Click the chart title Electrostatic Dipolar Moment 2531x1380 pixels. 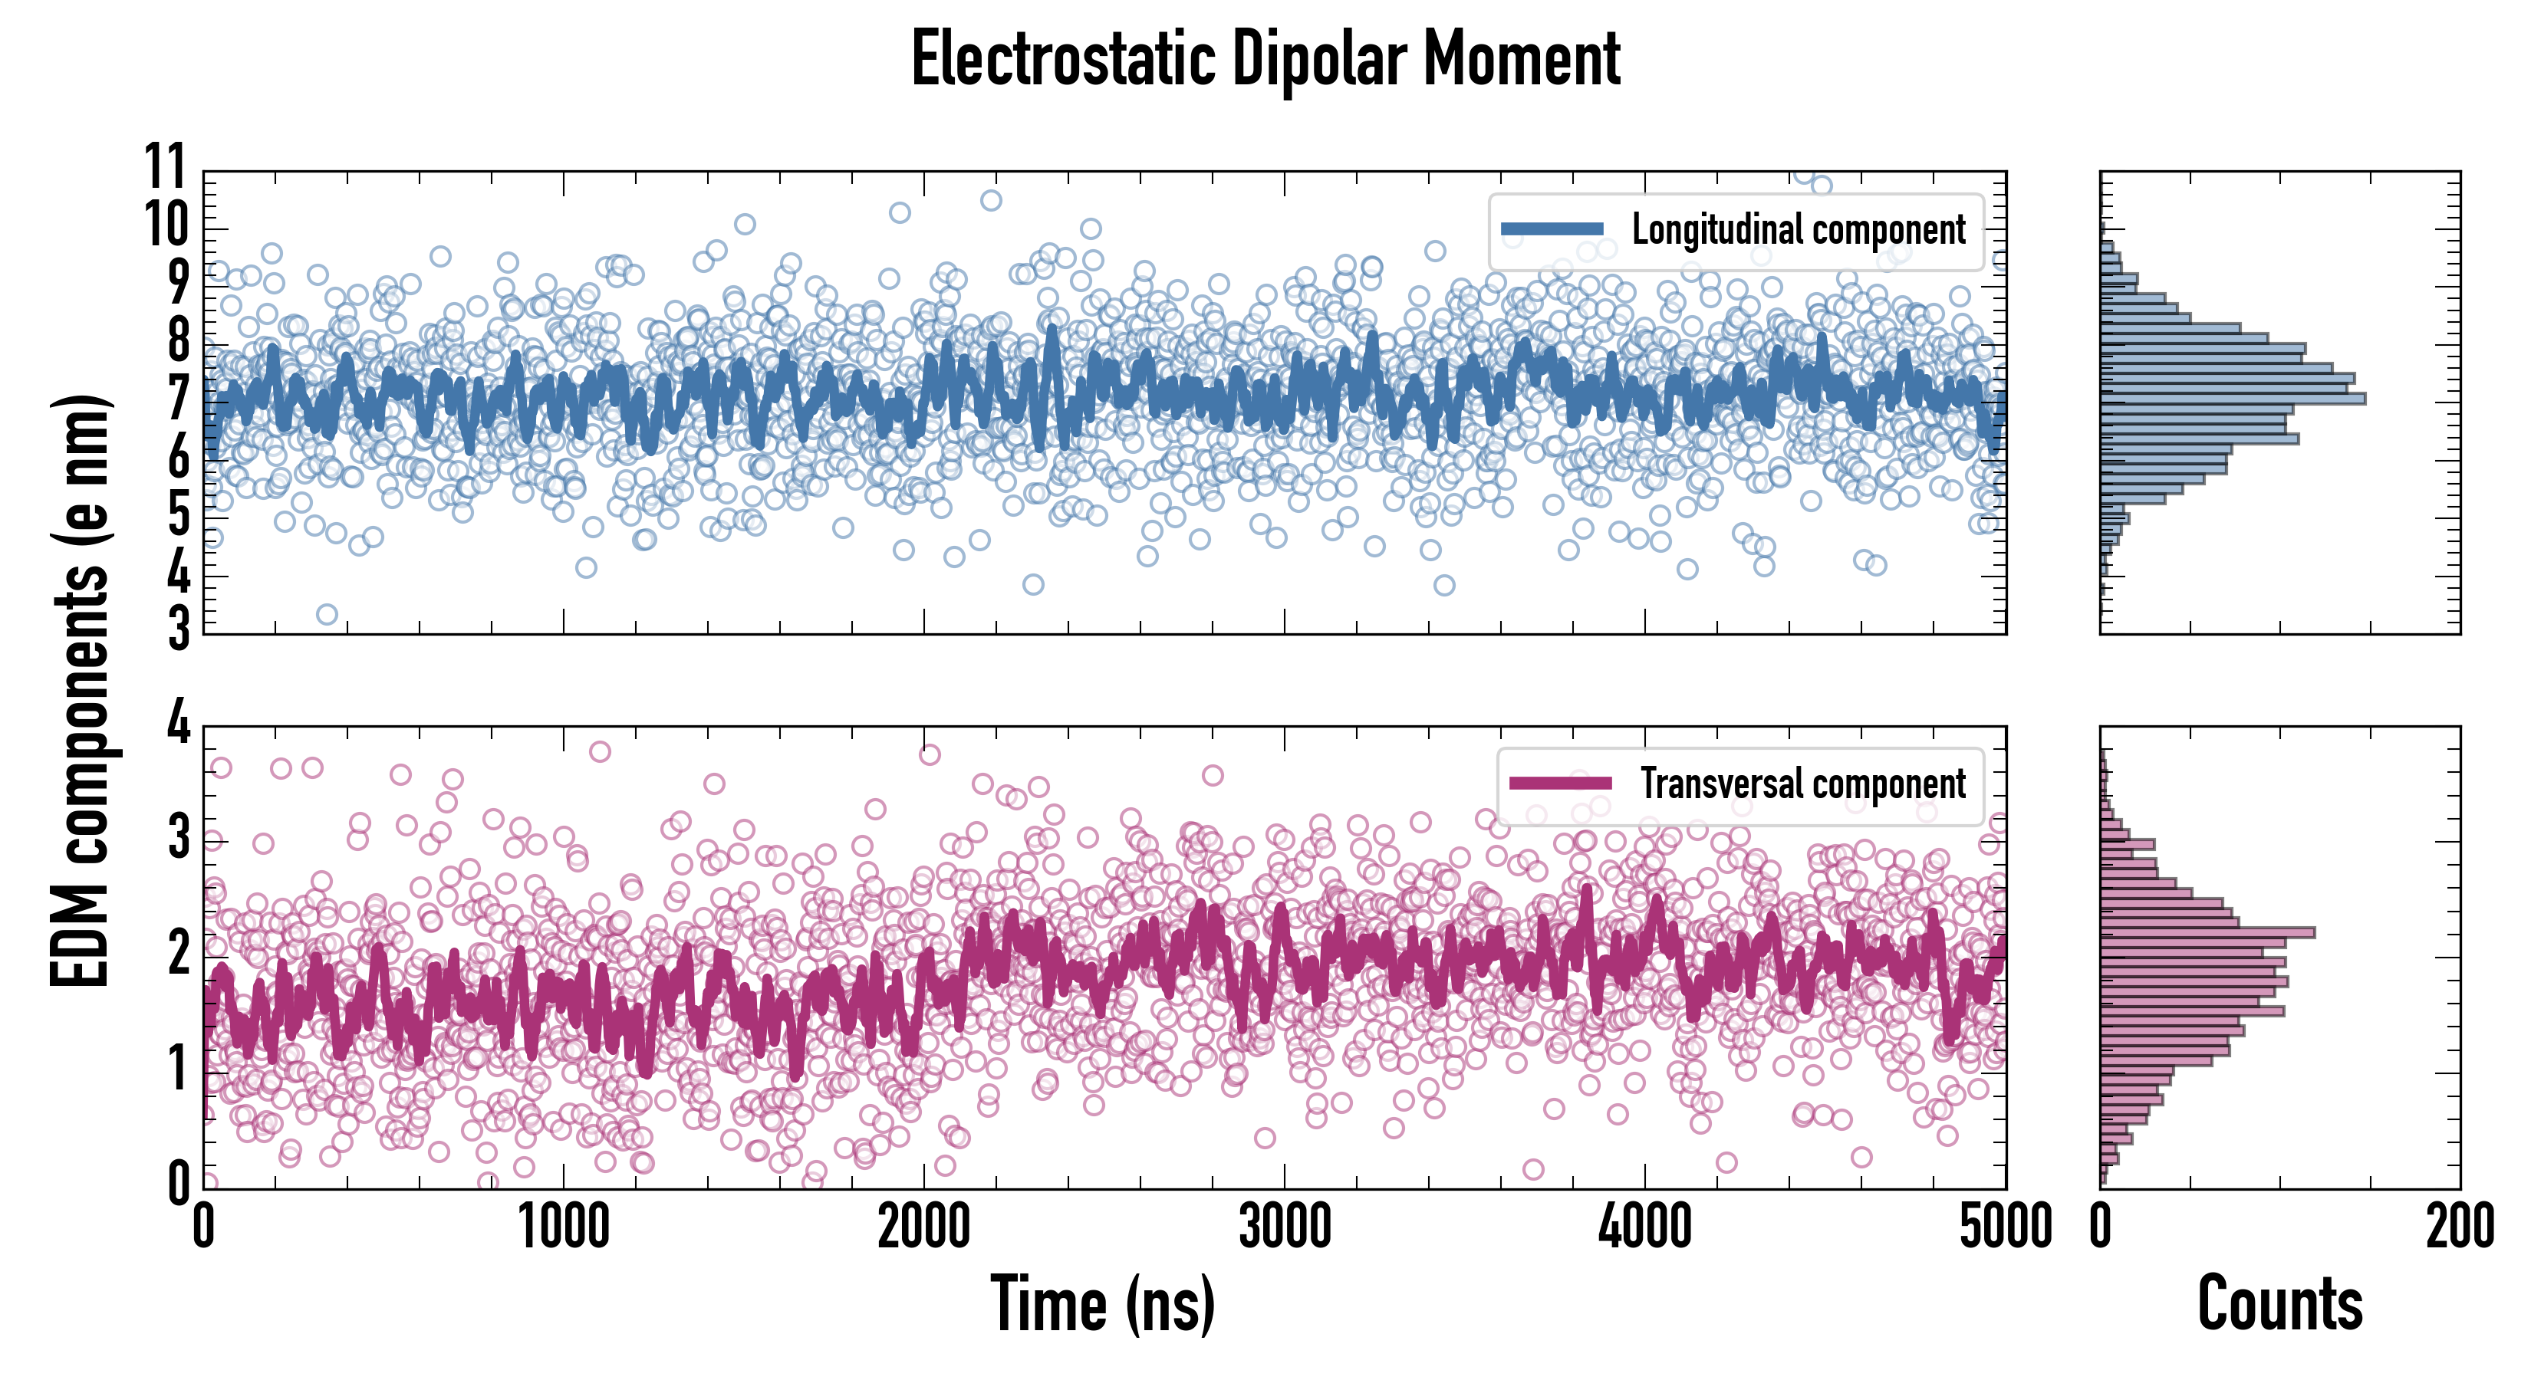(x=1265, y=59)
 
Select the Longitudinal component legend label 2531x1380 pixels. (x=1798, y=230)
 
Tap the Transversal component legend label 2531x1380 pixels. (x=1803, y=784)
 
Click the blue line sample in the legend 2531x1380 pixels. (x=1552, y=230)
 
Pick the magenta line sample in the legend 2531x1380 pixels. (x=1560, y=784)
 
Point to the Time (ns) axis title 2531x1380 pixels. (x=1102, y=1304)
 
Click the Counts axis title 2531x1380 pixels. (x=2279, y=1304)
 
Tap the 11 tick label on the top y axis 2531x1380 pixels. (x=165, y=167)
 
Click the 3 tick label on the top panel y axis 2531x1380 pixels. (x=178, y=629)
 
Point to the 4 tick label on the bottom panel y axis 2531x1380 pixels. (x=178, y=724)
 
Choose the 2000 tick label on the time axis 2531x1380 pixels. (x=923, y=1227)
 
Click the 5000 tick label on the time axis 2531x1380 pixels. (x=2004, y=1227)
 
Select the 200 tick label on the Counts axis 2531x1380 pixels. (x=2459, y=1227)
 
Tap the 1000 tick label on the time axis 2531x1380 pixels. (x=564, y=1227)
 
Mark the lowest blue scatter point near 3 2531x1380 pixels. (x=327, y=615)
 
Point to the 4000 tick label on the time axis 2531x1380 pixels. (x=1644, y=1227)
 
